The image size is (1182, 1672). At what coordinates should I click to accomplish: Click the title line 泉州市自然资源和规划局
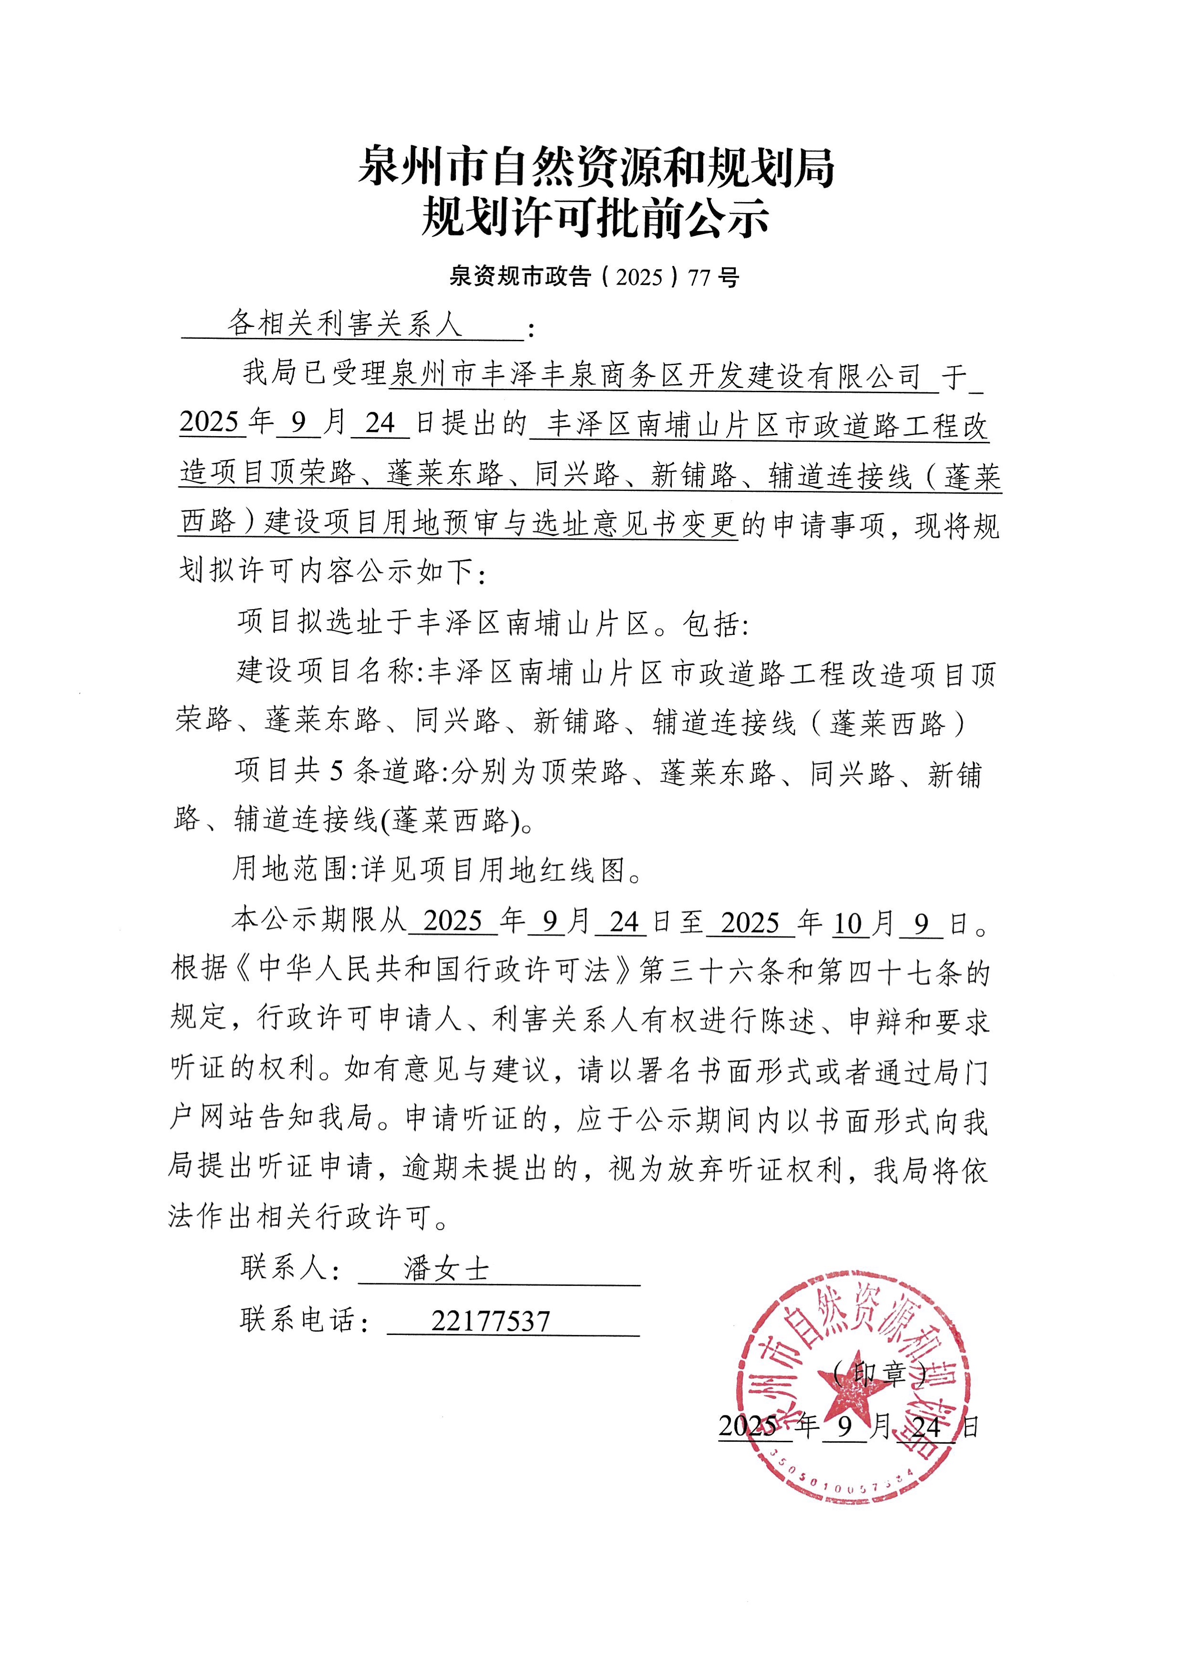point(595,167)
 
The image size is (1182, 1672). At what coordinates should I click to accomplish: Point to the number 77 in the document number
point(699,277)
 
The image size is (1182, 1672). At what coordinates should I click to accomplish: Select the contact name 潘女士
point(446,1270)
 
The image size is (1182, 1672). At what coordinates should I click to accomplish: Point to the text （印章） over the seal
point(879,1374)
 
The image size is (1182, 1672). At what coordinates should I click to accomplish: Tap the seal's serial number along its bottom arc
point(845,1486)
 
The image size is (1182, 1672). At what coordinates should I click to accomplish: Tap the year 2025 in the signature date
point(748,1427)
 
